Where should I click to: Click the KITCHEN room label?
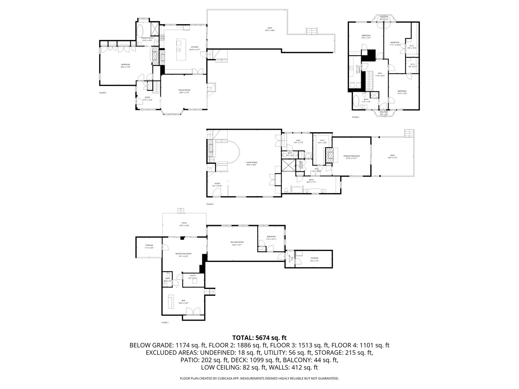coord(195,47)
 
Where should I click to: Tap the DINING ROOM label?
coord(184,90)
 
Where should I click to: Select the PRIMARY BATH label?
coord(147,38)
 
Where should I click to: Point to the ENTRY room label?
coord(148,98)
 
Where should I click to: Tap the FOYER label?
coord(217,184)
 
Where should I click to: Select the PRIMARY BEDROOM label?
coord(351,156)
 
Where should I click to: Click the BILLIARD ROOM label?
coord(237,242)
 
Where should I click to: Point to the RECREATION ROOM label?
coord(183,254)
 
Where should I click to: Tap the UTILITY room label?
coord(193,276)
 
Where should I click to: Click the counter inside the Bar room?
coord(171,300)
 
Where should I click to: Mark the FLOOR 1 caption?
coord(165,322)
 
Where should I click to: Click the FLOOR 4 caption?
coord(355,117)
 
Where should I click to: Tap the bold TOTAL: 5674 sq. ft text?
coord(259,338)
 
